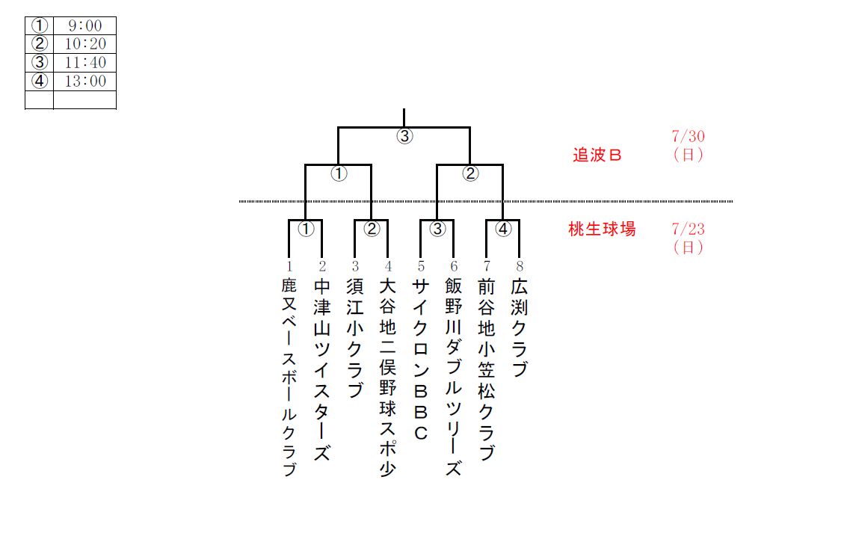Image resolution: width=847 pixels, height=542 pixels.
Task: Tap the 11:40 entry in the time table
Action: tap(84, 63)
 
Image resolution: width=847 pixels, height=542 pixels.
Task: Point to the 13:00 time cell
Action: tap(84, 81)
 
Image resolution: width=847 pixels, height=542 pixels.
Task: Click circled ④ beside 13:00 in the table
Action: tap(40, 81)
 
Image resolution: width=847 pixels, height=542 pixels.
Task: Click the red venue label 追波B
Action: tap(597, 155)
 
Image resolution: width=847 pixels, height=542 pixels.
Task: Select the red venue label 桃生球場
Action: tap(602, 230)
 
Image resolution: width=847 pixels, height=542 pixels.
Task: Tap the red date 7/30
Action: tap(688, 137)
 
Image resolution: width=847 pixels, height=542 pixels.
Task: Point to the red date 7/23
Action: tap(688, 230)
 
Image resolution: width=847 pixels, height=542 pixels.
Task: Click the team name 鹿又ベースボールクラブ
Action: tap(289, 378)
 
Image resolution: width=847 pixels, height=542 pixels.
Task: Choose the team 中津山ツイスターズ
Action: tap(321, 370)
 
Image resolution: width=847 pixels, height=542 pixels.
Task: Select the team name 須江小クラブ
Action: tap(355, 338)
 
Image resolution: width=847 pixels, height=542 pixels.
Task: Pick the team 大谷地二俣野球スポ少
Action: tap(387, 378)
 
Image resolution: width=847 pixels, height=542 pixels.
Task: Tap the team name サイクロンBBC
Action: tap(421, 360)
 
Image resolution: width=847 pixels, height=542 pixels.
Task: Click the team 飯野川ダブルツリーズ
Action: tap(453, 378)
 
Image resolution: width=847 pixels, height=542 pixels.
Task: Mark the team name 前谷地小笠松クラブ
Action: tap(487, 370)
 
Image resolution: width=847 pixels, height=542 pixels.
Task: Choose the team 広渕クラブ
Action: tap(520, 329)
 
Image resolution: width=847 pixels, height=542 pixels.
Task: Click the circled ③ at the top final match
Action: tap(404, 137)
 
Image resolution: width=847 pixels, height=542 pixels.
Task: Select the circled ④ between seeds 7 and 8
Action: tap(503, 230)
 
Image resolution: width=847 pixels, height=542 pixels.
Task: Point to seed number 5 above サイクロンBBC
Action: tap(421, 266)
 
